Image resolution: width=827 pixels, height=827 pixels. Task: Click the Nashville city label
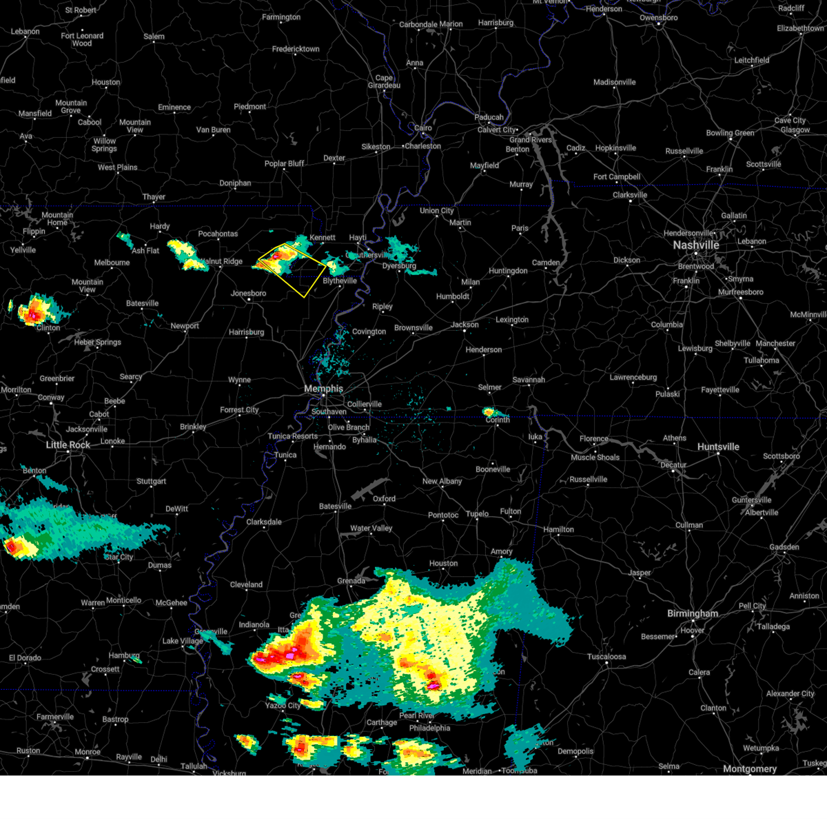click(696, 245)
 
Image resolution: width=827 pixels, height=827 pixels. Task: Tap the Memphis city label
click(323, 389)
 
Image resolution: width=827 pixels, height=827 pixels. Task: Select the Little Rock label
click(68, 445)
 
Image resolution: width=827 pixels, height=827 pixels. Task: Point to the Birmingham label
click(692, 613)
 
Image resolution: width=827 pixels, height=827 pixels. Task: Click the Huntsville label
click(718, 447)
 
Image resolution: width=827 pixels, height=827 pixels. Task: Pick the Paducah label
click(489, 117)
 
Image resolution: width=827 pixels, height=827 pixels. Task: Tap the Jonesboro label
click(248, 294)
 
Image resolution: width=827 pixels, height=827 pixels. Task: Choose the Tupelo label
click(477, 513)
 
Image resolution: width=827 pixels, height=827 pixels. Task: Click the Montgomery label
click(750, 769)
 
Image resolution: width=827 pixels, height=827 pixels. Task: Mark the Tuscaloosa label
click(606, 657)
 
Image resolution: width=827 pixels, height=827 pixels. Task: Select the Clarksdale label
click(264, 522)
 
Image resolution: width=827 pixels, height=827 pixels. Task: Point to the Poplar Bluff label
click(284, 164)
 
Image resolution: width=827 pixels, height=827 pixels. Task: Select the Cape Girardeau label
click(384, 82)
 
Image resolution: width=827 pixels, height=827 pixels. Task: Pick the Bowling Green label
click(730, 133)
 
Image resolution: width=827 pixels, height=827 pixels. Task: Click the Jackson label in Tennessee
click(464, 325)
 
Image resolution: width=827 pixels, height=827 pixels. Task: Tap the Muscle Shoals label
click(595, 458)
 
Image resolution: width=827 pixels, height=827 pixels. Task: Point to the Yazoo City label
click(283, 706)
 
